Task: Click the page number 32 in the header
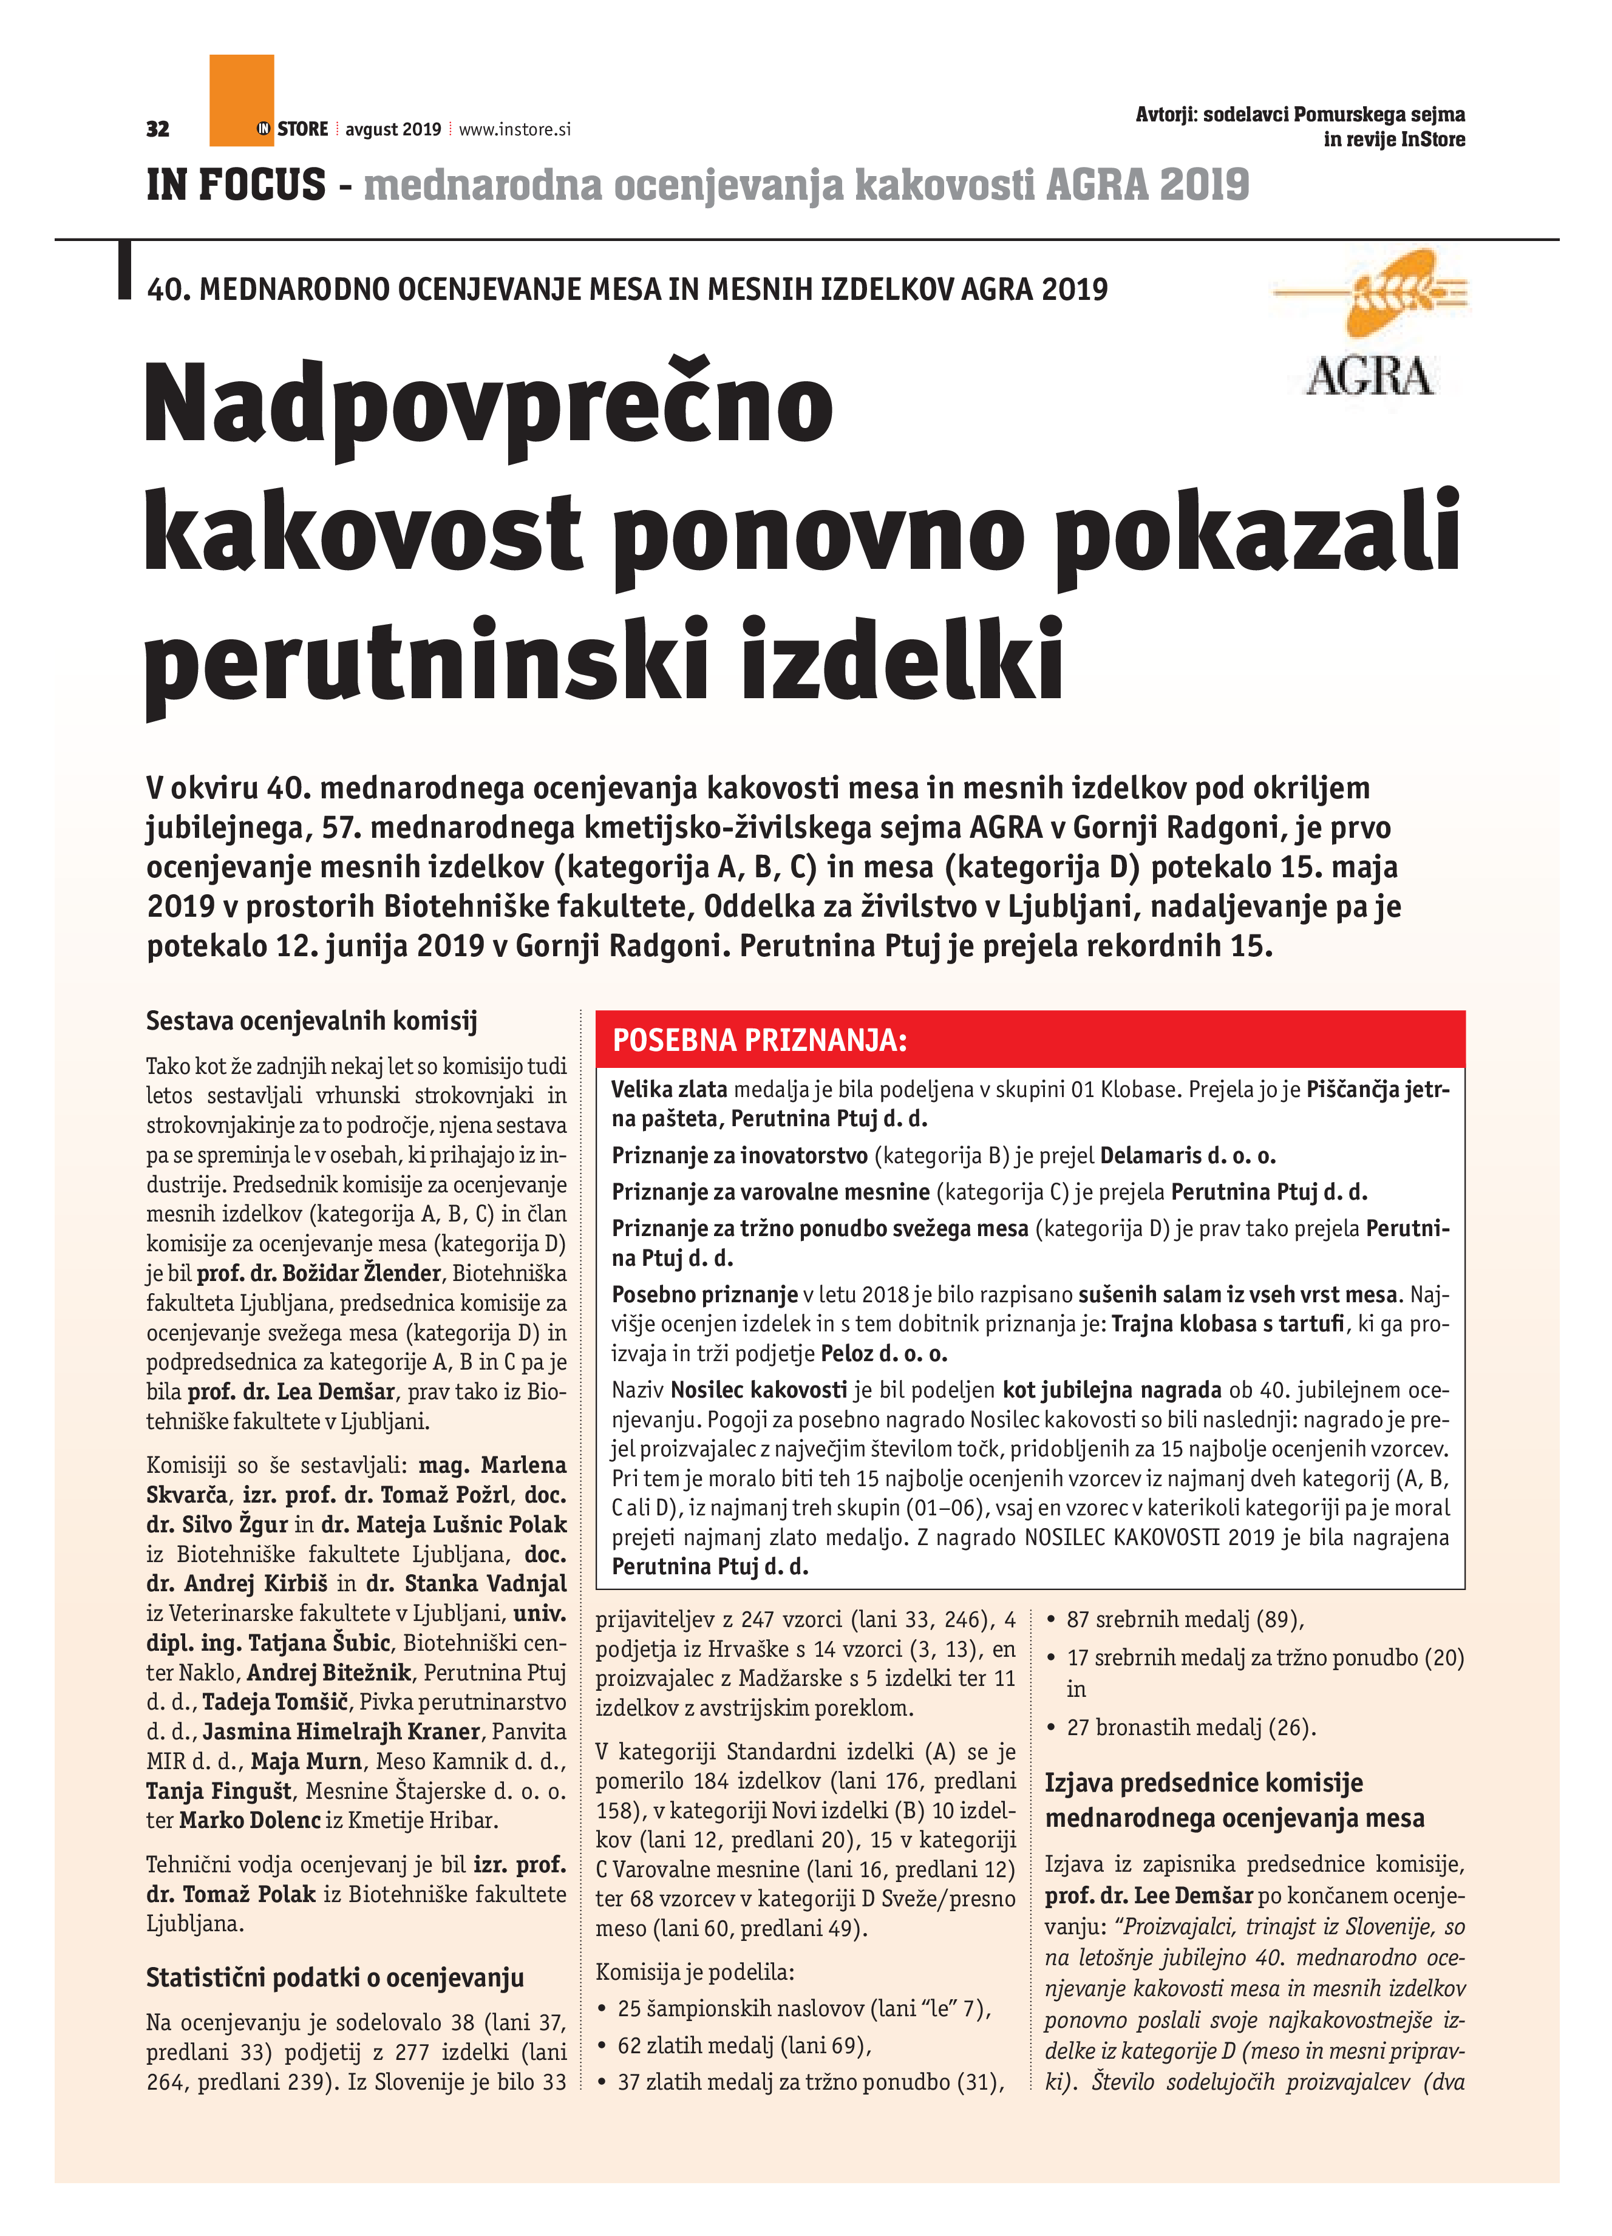158,129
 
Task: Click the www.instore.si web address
515,129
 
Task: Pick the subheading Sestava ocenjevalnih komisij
311,1021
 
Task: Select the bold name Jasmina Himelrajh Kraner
341,1731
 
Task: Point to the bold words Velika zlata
670,1089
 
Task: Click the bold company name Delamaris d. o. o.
1188,1155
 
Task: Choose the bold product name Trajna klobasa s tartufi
1228,1323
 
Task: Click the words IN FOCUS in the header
236,185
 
